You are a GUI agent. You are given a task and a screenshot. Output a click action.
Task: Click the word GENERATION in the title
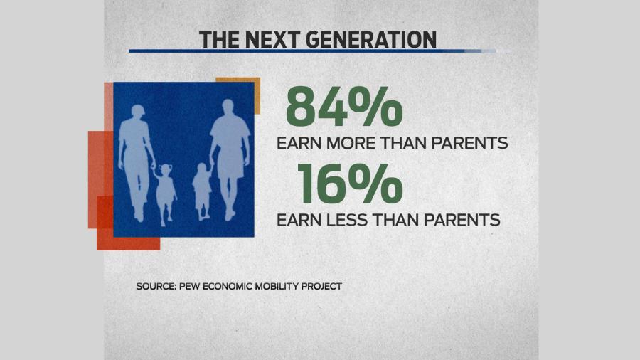pos(370,40)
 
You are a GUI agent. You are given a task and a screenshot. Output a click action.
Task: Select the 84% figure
pos(344,106)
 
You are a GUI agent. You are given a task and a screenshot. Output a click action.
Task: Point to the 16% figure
pos(350,183)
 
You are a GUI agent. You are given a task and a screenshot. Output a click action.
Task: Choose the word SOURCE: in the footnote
pos(156,286)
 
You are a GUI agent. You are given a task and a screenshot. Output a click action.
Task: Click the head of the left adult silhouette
pos(138,112)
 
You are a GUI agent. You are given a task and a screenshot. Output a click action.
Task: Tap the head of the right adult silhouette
pos(228,107)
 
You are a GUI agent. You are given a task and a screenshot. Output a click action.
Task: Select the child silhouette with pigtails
pos(165,194)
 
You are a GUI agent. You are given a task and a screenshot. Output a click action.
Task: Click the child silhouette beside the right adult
pos(202,191)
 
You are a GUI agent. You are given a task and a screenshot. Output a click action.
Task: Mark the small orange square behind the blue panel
pos(238,95)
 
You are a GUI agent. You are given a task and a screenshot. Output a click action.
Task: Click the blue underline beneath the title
pos(313,51)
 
